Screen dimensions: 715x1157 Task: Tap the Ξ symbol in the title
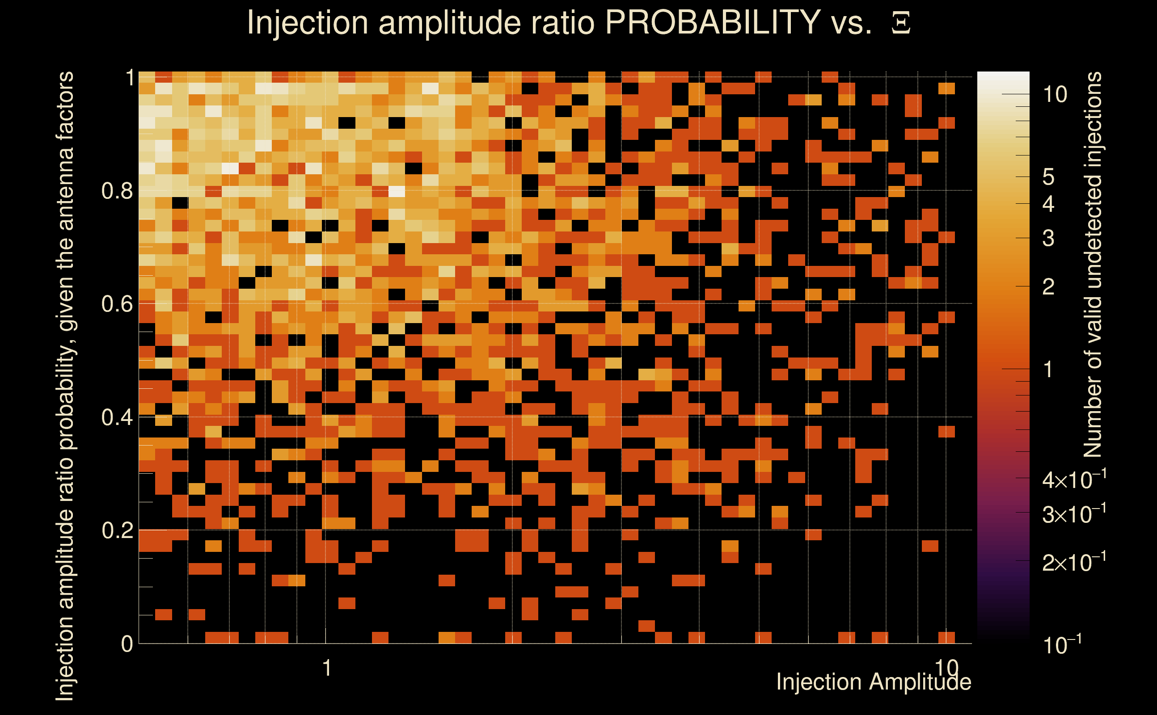(901, 23)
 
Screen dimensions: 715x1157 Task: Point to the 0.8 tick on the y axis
(117, 191)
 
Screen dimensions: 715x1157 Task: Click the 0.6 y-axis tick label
(117, 304)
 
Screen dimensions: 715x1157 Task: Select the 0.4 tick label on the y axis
(117, 417)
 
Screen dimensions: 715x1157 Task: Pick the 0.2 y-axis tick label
(117, 530)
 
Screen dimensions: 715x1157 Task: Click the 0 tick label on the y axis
(127, 644)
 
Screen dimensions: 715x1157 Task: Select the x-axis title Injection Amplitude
(874, 682)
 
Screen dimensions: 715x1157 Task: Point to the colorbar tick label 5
(1048, 177)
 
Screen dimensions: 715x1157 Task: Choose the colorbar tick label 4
(1048, 204)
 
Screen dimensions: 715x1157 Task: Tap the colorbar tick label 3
(1048, 239)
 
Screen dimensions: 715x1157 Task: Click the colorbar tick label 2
(1048, 287)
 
